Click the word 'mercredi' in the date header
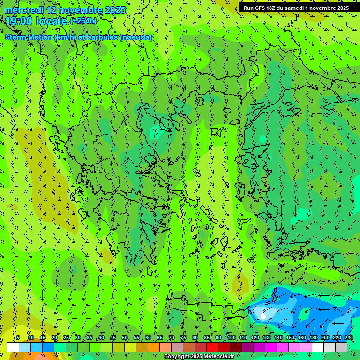coord(22,10)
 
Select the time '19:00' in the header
coord(19,21)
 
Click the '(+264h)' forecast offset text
coord(83,21)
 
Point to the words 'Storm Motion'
coord(28,37)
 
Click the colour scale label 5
coord(18,337)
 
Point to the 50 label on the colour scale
coord(125,337)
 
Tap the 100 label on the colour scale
coord(232,337)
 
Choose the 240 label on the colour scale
coord(348,337)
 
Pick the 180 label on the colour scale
coord(313,337)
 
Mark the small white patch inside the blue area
coord(262,315)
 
